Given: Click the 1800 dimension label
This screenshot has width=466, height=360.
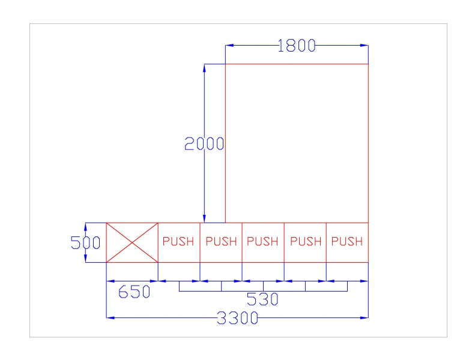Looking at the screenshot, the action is pyautogui.click(x=296, y=46).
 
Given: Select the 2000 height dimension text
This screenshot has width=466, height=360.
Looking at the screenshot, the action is pyautogui.click(x=204, y=144).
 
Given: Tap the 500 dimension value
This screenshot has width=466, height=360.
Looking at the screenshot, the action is pyautogui.click(x=86, y=242).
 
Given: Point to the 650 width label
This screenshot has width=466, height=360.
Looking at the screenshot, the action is pyautogui.click(x=134, y=292).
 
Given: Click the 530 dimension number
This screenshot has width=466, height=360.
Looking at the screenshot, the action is pyautogui.click(x=262, y=299).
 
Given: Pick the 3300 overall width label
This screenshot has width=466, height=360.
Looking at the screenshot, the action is pyautogui.click(x=237, y=318).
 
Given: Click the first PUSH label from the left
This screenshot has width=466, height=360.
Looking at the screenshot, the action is pyautogui.click(x=178, y=241).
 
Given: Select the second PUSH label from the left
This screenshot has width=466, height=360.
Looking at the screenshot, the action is pyautogui.click(x=221, y=241).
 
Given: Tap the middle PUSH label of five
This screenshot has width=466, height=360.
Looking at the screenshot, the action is pyautogui.click(x=262, y=241).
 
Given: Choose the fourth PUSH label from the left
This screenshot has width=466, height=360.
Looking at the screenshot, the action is pyautogui.click(x=306, y=241).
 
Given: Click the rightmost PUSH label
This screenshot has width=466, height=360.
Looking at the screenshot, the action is pyautogui.click(x=347, y=241).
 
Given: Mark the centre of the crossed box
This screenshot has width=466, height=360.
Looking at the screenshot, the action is pyautogui.click(x=132, y=242).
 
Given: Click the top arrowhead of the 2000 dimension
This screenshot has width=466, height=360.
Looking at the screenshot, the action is pyautogui.click(x=204, y=68).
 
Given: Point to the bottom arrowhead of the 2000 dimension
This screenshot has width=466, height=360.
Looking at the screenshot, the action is pyautogui.click(x=204, y=218).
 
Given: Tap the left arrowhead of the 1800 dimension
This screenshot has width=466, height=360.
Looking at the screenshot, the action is pyautogui.click(x=229, y=46).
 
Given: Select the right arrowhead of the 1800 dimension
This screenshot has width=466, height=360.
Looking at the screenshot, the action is pyautogui.click(x=365, y=46).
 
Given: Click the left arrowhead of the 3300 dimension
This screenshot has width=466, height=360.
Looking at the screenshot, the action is pyautogui.click(x=110, y=318).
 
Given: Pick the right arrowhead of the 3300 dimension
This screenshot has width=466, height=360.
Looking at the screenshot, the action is pyautogui.click(x=365, y=318).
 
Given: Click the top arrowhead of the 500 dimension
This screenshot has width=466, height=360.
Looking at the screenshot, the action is pyautogui.click(x=86, y=227).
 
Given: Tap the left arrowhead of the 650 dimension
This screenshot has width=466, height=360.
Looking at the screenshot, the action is pyautogui.click(x=110, y=281).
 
